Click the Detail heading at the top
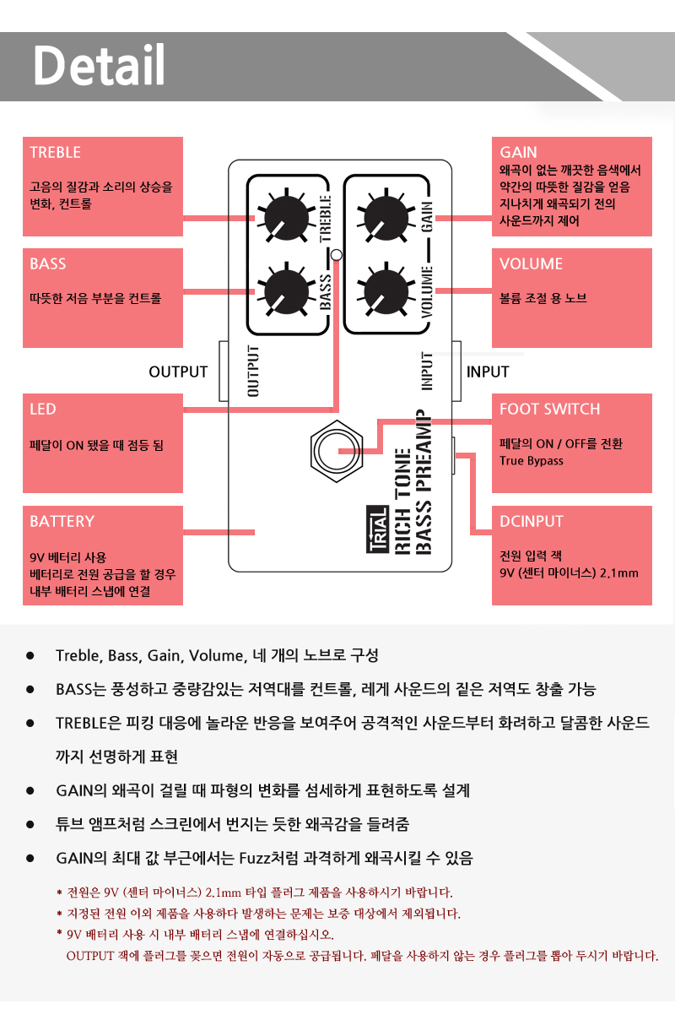click(x=99, y=65)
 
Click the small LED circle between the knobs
click(x=337, y=254)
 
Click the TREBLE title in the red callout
click(x=55, y=153)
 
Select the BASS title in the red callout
click(x=47, y=264)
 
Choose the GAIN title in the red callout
click(x=518, y=153)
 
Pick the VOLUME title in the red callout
click(x=531, y=264)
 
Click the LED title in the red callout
click(x=42, y=410)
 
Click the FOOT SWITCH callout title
click(x=549, y=410)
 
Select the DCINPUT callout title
click(x=531, y=522)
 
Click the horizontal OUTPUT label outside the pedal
click(x=178, y=372)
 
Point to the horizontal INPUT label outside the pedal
click(x=488, y=372)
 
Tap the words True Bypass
click(x=531, y=461)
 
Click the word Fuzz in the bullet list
click(x=258, y=859)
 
